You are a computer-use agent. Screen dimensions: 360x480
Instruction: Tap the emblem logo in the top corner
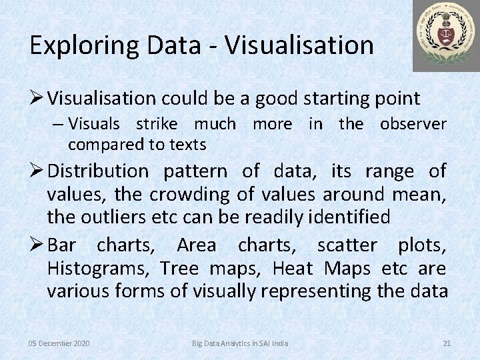(x=445, y=35)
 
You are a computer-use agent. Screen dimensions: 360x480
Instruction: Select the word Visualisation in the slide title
(x=299, y=45)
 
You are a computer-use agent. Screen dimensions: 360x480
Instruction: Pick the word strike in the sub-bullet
(x=157, y=124)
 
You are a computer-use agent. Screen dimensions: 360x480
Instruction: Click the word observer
(x=413, y=124)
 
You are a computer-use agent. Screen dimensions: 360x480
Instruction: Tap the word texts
(x=187, y=144)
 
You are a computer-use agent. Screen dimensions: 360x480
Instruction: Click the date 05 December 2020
(x=59, y=343)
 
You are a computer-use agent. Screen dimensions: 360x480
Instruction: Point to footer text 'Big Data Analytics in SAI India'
(x=240, y=343)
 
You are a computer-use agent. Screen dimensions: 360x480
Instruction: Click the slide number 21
(x=447, y=343)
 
